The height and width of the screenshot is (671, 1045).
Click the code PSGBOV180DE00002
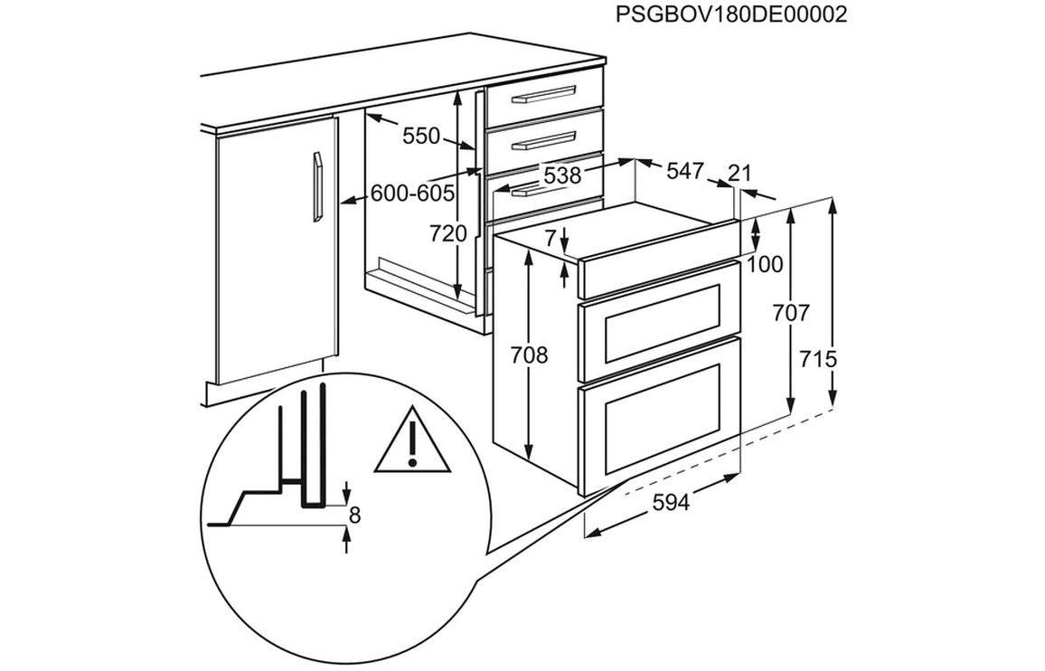point(731,14)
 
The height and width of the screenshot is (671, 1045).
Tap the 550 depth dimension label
point(421,136)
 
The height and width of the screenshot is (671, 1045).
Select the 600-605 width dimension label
point(412,194)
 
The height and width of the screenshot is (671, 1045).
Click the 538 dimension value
point(562,175)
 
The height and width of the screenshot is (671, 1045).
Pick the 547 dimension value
point(685,172)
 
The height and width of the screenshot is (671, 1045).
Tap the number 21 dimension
point(739,174)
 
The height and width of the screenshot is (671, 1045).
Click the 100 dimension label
point(765,265)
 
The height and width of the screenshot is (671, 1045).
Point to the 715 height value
point(818,360)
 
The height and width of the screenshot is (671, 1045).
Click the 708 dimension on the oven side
point(529,355)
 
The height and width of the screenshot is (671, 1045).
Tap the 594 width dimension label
point(671,502)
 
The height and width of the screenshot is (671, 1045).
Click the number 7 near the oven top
point(550,237)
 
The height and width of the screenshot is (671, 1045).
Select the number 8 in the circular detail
point(354,515)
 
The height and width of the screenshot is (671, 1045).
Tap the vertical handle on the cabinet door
point(318,187)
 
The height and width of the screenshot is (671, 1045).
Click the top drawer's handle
point(543,94)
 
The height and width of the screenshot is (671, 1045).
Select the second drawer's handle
point(543,141)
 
